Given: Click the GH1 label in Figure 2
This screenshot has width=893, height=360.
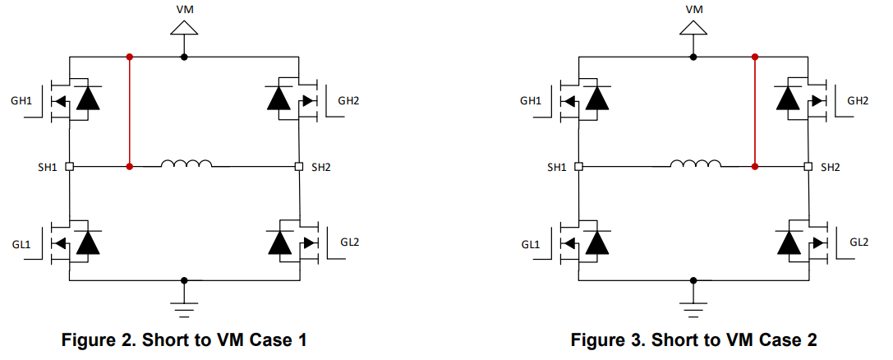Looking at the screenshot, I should point(22,101).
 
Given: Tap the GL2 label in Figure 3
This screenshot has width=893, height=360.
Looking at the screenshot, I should point(858,242).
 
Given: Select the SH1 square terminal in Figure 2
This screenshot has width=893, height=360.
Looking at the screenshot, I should point(70,166).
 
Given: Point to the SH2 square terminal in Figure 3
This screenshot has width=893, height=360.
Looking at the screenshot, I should point(808,166).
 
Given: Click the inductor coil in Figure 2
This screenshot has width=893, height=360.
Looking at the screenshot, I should point(186,164).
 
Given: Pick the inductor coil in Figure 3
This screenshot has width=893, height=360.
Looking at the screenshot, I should point(696,164).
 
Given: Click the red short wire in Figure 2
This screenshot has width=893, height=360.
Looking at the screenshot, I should point(129,112).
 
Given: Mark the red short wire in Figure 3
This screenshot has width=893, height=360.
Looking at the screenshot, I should point(754,112).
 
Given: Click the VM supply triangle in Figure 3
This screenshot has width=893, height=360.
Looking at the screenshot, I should point(694,27).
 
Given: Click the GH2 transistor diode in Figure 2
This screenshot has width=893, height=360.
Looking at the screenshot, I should point(280,99).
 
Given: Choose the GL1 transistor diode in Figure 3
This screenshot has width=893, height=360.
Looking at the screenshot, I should point(598,242).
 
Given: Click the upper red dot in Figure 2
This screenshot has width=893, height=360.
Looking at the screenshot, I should point(129,57).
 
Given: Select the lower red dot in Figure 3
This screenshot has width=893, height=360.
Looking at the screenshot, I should point(754,166).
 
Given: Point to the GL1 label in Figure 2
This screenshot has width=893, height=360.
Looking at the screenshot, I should point(22,245).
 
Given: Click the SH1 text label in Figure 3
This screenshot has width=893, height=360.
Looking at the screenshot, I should point(556,167).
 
